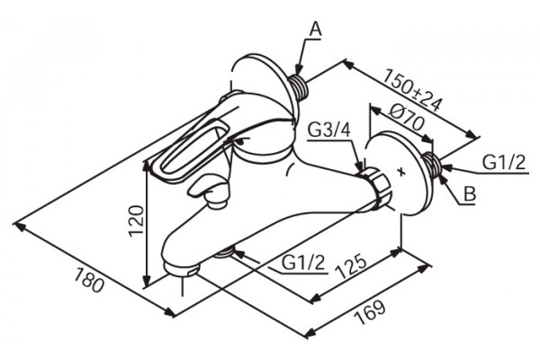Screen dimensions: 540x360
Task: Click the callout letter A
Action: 316,30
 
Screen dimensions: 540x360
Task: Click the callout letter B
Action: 470,193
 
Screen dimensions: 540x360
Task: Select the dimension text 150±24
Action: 412,90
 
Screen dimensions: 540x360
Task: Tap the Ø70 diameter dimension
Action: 407,118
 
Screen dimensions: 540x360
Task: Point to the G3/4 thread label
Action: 328,130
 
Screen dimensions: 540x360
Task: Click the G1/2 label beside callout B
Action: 504,162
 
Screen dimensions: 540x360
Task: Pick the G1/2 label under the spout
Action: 303,263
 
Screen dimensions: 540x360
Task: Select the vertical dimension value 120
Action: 136,220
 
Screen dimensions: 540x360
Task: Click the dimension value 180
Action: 89,280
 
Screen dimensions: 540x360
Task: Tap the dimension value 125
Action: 352,266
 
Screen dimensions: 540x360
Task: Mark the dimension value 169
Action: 370,312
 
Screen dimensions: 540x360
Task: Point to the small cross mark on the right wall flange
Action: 400,171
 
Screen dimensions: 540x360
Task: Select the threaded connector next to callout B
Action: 432,164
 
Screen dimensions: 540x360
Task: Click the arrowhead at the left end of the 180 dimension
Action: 22,226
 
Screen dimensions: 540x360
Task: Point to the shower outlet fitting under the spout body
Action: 223,253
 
